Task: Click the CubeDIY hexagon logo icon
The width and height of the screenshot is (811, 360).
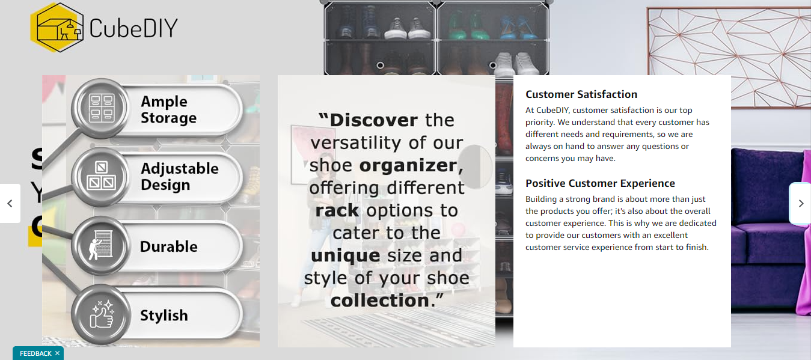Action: [57, 27]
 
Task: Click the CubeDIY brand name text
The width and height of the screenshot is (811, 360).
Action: [133, 28]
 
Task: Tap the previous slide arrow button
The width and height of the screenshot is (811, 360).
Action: [10, 203]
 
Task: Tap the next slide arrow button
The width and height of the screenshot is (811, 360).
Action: [800, 203]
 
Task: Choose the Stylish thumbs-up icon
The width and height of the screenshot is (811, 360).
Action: [101, 314]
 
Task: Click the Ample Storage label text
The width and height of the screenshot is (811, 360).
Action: [168, 109]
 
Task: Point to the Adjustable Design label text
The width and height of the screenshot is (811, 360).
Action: [179, 177]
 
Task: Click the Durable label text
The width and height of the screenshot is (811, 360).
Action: [168, 246]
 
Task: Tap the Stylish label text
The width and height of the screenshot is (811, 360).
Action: [164, 315]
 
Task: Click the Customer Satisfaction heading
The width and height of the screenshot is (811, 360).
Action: [581, 94]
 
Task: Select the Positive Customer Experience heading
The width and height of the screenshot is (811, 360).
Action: [600, 183]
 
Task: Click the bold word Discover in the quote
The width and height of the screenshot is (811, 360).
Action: [373, 120]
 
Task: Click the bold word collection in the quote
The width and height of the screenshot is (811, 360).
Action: [379, 301]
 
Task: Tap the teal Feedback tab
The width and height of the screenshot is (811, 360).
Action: [35, 353]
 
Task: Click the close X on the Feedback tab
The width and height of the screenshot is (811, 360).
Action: [57, 353]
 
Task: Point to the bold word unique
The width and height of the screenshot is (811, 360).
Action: [345, 255]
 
